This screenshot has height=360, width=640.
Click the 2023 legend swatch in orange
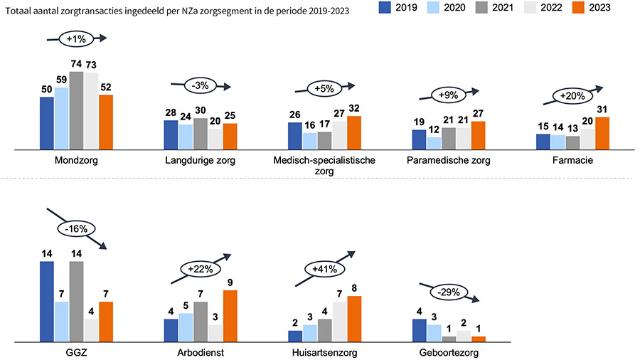(x=575, y=7)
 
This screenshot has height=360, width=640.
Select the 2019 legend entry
(x=380, y=7)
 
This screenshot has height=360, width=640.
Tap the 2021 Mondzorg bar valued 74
(x=76, y=110)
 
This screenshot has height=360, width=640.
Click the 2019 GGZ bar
(x=47, y=302)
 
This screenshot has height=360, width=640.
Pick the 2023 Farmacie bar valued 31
(x=602, y=133)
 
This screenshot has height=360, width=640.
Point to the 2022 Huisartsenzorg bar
(x=340, y=322)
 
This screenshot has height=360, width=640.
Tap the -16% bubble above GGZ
(x=74, y=228)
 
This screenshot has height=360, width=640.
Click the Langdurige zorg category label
(x=201, y=160)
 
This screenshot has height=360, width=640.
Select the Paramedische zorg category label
(x=449, y=160)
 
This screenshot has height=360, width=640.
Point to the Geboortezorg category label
(x=449, y=353)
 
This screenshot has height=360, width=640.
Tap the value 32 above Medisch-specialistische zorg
(x=354, y=108)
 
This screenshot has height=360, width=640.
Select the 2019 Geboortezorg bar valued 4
(x=420, y=330)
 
